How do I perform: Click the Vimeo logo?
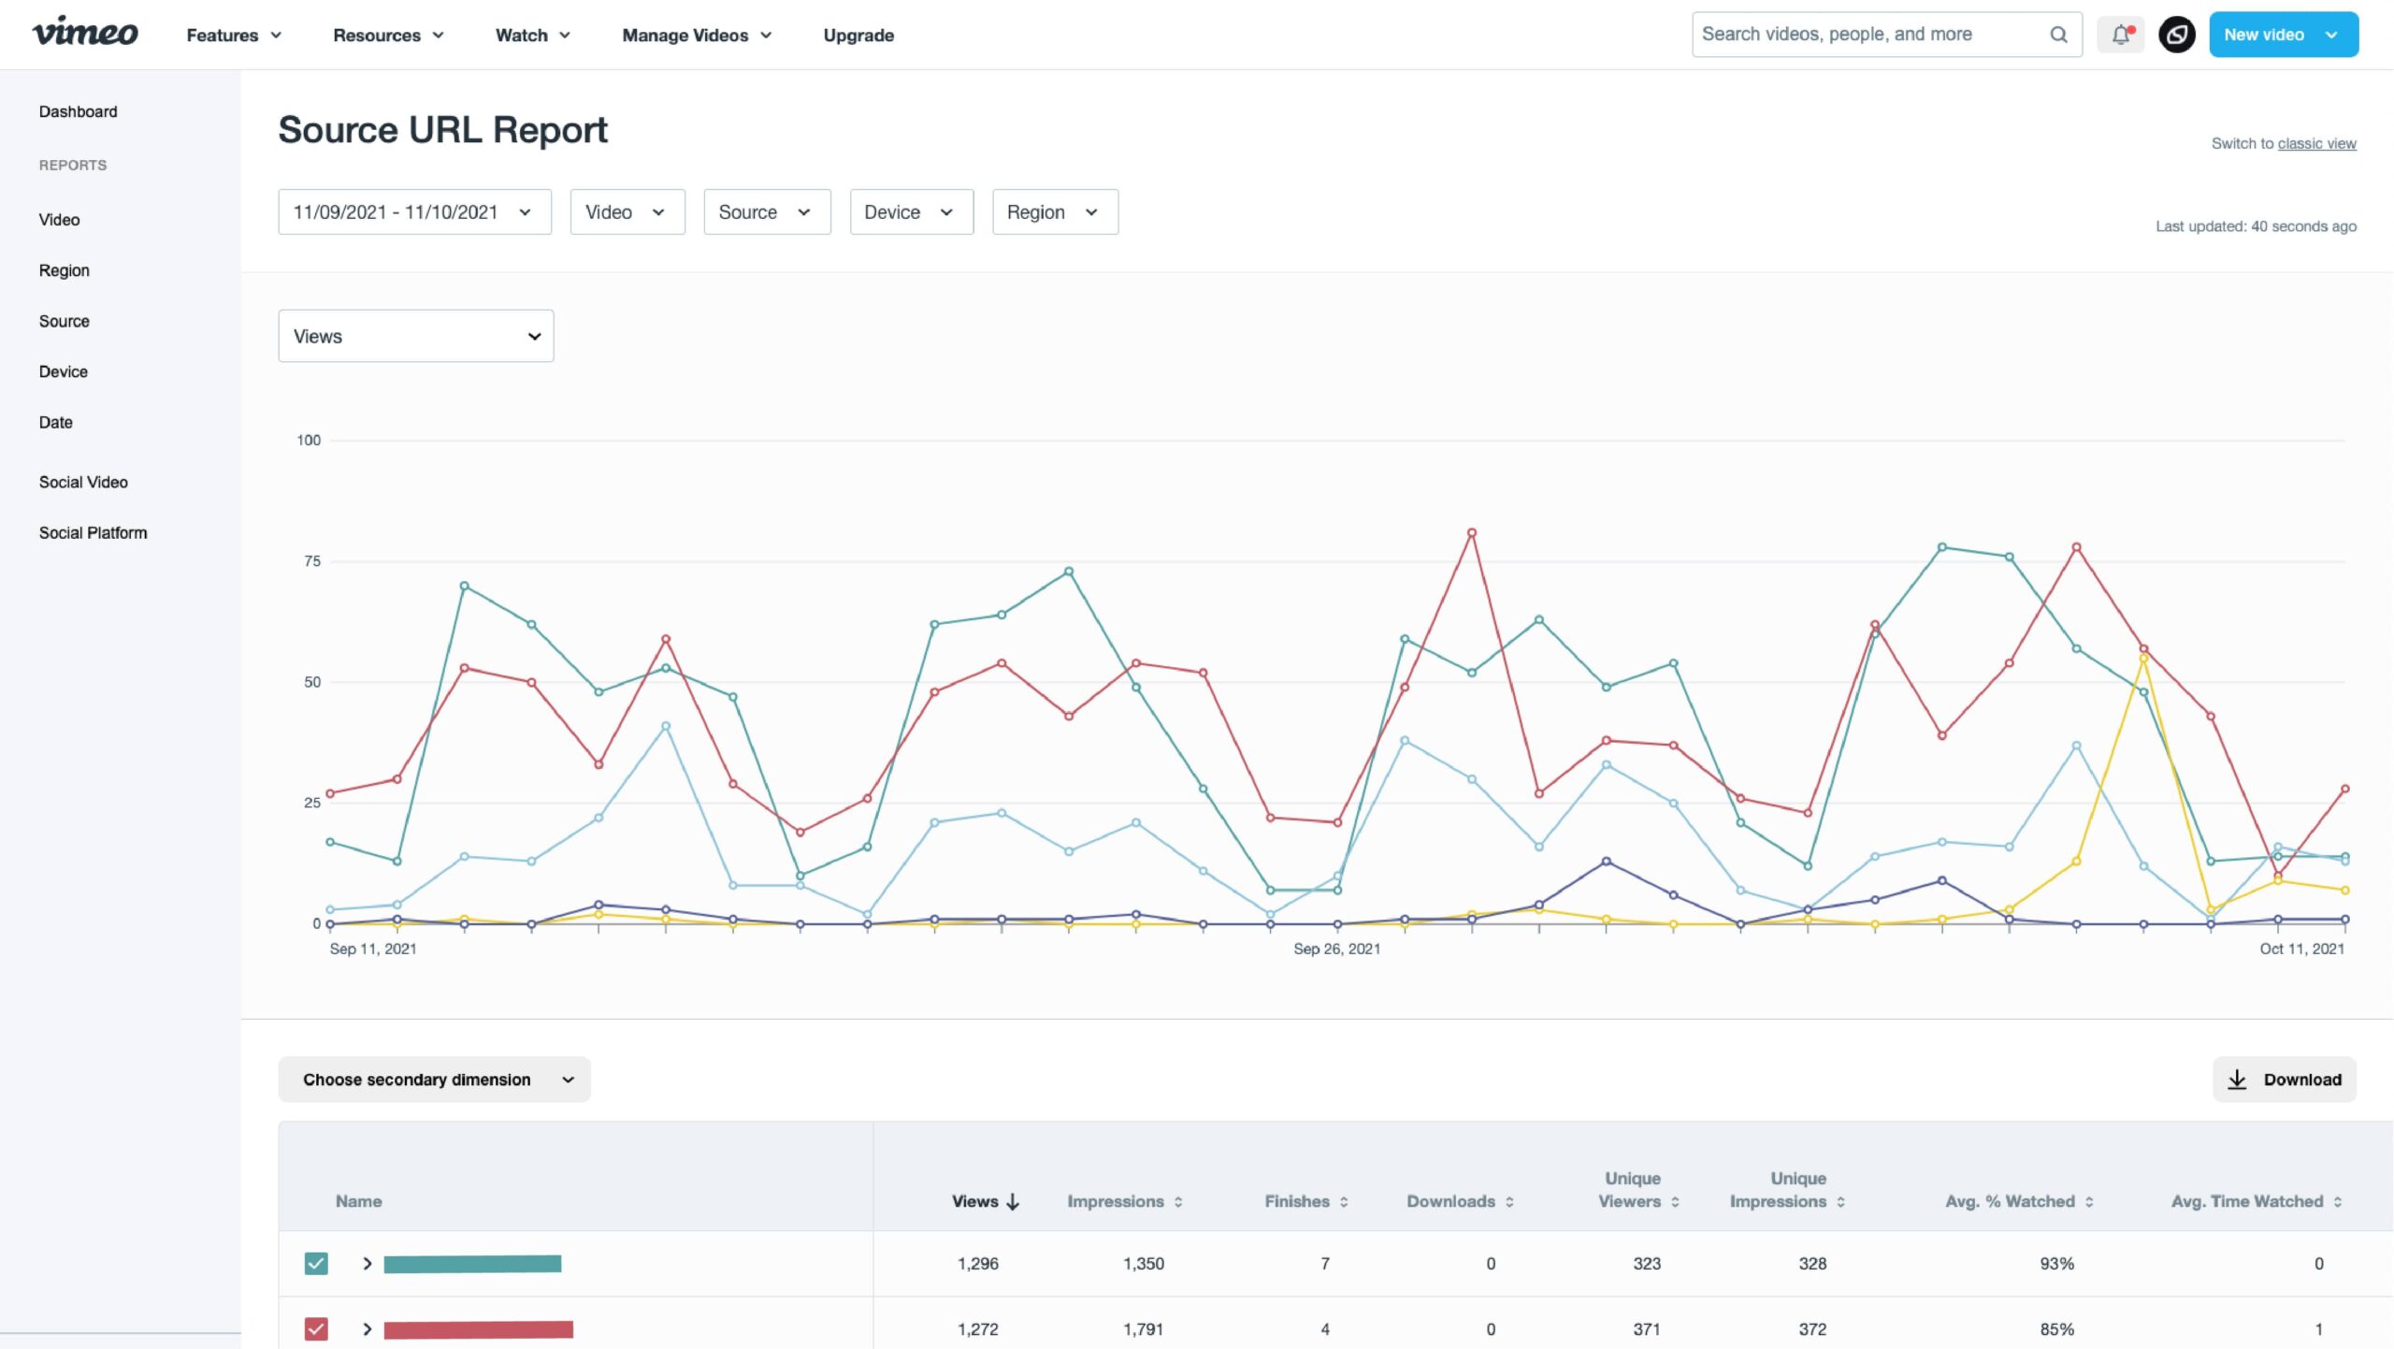click(x=85, y=33)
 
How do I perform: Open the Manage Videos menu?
click(x=697, y=36)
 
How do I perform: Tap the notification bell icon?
click(x=2120, y=35)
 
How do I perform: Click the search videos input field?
click(x=1870, y=35)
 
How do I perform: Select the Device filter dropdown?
click(x=910, y=212)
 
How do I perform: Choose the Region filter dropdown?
click(x=1054, y=212)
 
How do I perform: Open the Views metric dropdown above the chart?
click(x=415, y=336)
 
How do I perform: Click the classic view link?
click(x=2316, y=144)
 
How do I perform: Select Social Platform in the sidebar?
click(x=93, y=533)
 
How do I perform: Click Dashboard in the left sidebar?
click(x=78, y=112)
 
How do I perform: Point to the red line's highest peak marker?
click(x=1471, y=533)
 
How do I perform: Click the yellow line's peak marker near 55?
click(x=2143, y=659)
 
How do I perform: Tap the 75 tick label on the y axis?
click(x=311, y=561)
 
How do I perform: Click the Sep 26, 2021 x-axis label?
click(x=1336, y=949)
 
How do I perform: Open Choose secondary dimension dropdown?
click(x=435, y=1080)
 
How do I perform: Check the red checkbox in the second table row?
click(x=316, y=1329)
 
